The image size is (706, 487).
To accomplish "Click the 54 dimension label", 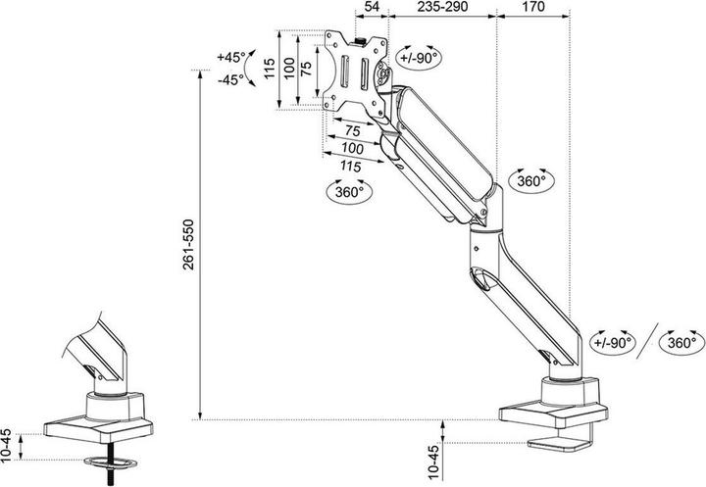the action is pos(371,6).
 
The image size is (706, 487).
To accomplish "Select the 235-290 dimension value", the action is pos(442,6).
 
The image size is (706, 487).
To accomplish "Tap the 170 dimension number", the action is pos(533,6).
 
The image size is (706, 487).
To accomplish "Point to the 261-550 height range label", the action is pos(188,244).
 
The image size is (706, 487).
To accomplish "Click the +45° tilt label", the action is pos(231,57).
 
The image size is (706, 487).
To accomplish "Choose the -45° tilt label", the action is pos(230,80).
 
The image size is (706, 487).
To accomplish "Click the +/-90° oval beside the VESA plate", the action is pos(419,57).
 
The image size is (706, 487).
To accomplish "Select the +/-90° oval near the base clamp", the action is pos(612,342).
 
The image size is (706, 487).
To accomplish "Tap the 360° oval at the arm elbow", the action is pos(530,181).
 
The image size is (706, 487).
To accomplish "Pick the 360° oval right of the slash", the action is pos(681,343).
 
